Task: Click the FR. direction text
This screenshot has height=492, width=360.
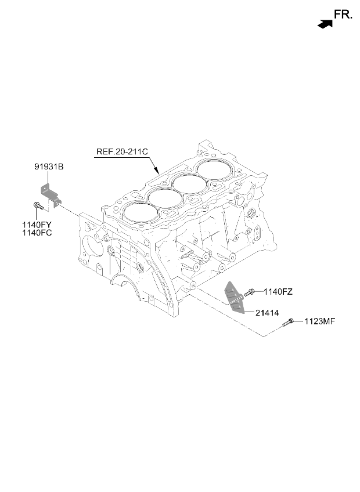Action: [x=343, y=15]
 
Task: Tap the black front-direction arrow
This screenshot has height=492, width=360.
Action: [x=325, y=24]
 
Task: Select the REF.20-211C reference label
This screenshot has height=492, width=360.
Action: [x=122, y=151]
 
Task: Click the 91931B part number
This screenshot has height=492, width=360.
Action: [x=49, y=167]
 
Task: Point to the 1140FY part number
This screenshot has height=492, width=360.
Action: [x=37, y=225]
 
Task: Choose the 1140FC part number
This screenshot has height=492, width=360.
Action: [x=37, y=233]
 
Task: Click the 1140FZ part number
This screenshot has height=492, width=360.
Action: [x=278, y=292]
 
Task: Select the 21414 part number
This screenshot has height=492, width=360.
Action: [x=267, y=313]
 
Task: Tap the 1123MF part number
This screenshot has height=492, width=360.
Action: [x=320, y=321]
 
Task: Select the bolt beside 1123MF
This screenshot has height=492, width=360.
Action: [x=288, y=322]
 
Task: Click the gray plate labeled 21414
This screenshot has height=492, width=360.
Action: [x=235, y=296]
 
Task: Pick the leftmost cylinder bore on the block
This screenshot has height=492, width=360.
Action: [x=141, y=213]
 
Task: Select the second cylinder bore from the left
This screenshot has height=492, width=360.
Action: [x=165, y=198]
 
